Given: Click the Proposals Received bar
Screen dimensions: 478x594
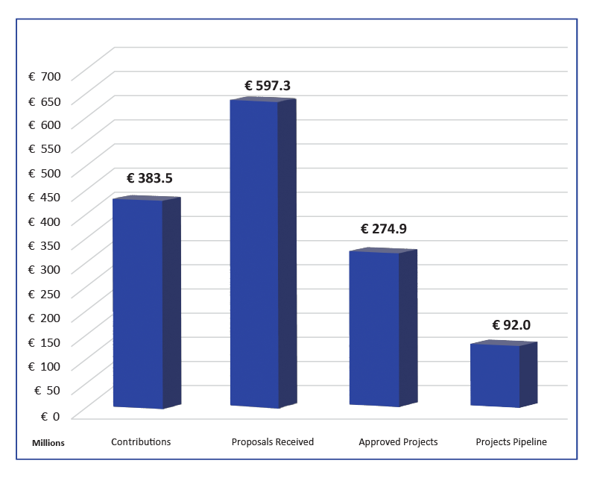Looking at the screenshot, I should point(255,254).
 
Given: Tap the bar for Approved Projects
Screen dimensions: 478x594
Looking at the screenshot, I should point(375,328).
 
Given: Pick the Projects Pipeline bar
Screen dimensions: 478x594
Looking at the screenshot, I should point(496,375).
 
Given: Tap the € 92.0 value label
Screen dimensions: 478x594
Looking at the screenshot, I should point(511,325).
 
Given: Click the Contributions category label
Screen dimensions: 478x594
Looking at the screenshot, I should point(141,442).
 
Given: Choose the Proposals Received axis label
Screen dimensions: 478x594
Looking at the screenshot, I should point(273,442).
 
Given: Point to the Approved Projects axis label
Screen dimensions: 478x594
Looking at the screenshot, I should point(398,442).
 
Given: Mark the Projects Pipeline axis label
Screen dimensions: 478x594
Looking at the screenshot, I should point(511,442).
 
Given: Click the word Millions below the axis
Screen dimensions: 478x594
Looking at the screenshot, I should point(48,443).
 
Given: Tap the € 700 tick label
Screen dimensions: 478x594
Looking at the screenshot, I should point(44,77).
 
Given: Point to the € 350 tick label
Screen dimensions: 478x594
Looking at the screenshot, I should point(44,246).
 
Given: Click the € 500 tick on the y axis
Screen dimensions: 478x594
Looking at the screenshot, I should point(44,173).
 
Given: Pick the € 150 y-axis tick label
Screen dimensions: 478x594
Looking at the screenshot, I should point(44,342).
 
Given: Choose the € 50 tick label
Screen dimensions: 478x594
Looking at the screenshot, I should point(46,390).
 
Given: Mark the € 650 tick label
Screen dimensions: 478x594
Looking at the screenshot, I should point(44,101).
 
